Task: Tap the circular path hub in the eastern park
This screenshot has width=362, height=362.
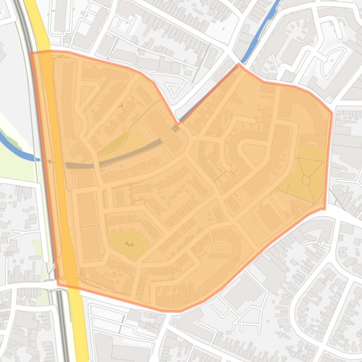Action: click(306, 180)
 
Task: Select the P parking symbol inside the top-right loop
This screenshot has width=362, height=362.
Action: click(332, 61)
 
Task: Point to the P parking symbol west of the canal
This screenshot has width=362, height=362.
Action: click(223, 29)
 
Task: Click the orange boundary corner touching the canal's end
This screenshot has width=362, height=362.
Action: click(239, 65)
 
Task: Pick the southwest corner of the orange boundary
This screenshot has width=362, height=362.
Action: click(58, 284)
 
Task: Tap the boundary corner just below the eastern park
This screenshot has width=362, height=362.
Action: click(324, 208)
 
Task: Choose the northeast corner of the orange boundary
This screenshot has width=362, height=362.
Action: click(332, 112)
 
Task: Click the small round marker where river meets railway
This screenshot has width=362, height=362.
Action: click(50, 161)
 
